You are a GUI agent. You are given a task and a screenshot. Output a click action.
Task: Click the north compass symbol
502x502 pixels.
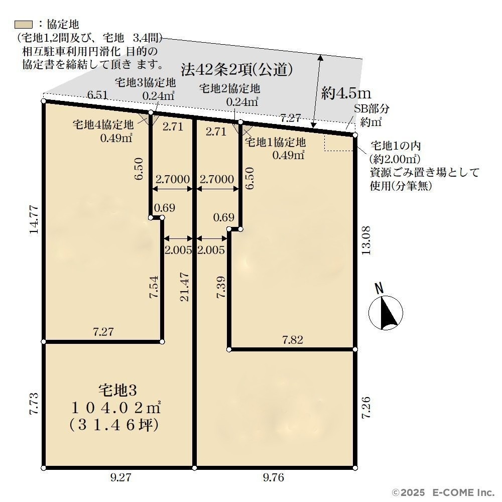click(386, 312)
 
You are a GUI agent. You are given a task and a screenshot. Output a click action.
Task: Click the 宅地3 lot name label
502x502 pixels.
click(117, 390)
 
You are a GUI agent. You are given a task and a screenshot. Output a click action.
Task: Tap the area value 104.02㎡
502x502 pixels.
click(115, 408)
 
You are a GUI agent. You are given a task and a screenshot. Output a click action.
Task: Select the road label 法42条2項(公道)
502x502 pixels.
click(236, 69)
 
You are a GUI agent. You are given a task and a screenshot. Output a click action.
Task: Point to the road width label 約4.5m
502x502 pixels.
click(346, 93)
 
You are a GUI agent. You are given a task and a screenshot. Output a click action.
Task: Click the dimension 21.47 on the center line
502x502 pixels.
click(184, 287)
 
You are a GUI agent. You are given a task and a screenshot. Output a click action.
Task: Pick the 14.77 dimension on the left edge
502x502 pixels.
click(34, 220)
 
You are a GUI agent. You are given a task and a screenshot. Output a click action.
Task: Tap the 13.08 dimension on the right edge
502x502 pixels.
click(365, 240)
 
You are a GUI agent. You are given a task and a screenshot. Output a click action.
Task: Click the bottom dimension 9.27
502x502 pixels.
click(120, 477)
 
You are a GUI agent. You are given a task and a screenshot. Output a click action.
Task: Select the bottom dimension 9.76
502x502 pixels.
click(274, 477)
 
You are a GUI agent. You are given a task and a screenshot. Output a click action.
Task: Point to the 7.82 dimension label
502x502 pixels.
click(292, 340)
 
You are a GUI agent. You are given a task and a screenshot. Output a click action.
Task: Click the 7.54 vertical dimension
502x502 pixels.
click(154, 287)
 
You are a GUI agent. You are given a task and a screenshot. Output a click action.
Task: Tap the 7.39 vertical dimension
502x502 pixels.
click(221, 287)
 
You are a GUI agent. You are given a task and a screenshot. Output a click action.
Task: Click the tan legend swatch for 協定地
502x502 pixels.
click(24, 25)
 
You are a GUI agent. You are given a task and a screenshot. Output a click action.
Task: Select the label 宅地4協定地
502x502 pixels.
click(103, 124)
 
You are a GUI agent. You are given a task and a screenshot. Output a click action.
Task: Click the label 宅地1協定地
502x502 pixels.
click(275, 142)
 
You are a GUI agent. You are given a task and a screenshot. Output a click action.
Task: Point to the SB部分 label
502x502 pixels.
click(371, 108)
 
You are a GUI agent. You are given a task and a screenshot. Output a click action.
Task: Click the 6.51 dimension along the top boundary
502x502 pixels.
click(97, 95)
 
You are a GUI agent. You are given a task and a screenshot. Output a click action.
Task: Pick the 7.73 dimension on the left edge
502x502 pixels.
click(34, 404)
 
